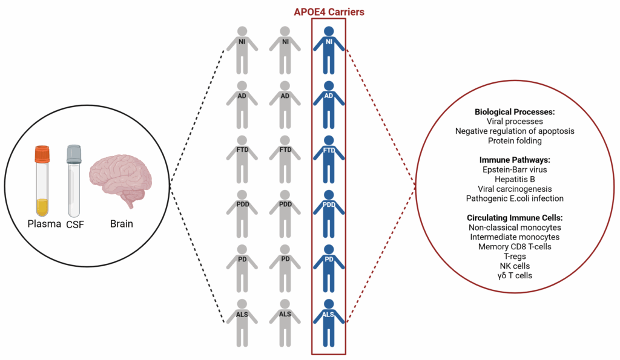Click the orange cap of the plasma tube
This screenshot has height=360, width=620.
(x=42, y=154)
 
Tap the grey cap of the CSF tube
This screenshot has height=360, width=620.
(x=74, y=154)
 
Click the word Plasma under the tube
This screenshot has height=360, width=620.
(x=44, y=224)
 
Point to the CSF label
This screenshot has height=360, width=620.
(x=75, y=224)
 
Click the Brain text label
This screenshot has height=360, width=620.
(x=121, y=224)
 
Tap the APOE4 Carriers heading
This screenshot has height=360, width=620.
(x=329, y=12)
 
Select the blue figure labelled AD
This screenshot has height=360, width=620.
(x=329, y=105)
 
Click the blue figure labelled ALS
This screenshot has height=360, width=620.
(x=329, y=323)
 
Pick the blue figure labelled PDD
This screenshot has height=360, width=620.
(x=329, y=214)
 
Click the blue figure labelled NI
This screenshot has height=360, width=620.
(x=329, y=50)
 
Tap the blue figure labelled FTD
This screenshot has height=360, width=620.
(x=329, y=159)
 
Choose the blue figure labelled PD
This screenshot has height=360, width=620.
(x=329, y=268)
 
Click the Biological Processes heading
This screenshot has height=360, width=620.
(x=515, y=112)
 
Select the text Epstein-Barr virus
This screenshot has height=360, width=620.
(x=515, y=169)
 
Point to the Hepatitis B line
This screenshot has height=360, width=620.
(x=515, y=179)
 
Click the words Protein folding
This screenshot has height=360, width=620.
(x=515, y=141)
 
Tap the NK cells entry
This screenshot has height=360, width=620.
(x=515, y=266)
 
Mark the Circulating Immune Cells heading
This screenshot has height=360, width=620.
(x=515, y=218)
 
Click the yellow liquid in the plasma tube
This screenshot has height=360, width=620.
(x=42, y=207)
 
